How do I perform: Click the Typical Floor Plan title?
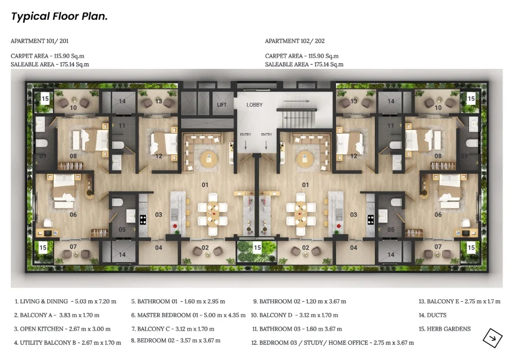[x=59, y=16]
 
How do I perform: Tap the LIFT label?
[x=222, y=105]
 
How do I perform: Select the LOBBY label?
[x=254, y=105]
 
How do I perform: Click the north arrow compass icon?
[x=492, y=338]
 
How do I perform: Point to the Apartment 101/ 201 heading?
[x=40, y=41]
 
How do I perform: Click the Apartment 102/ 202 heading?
[x=295, y=41]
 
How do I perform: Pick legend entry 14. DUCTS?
[x=433, y=315]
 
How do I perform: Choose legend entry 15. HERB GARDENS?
[x=445, y=329]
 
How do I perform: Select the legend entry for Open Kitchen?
[x=62, y=329]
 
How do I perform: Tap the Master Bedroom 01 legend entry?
[x=188, y=315]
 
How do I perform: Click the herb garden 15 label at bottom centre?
[x=258, y=248]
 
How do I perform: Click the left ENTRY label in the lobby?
[x=245, y=134]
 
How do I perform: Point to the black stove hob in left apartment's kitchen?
[x=143, y=220]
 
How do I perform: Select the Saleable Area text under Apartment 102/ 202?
[x=304, y=65]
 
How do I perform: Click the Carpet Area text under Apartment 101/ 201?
[x=48, y=56]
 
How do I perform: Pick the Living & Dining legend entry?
[x=65, y=302]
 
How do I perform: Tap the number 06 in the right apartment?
[x=438, y=215]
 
